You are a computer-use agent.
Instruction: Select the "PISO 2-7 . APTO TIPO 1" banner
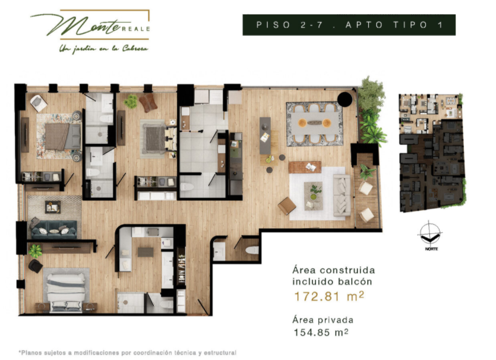pos(349,25)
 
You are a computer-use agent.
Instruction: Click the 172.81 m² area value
pos(327,295)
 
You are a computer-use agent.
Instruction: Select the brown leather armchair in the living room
pos(287,205)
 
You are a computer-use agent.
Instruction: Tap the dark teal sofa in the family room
pos(54,229)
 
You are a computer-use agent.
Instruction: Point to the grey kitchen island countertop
pos(265,135)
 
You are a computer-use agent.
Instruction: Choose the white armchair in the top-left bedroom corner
pos(39,103)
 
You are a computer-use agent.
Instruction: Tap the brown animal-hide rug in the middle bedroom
pos(148,103)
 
